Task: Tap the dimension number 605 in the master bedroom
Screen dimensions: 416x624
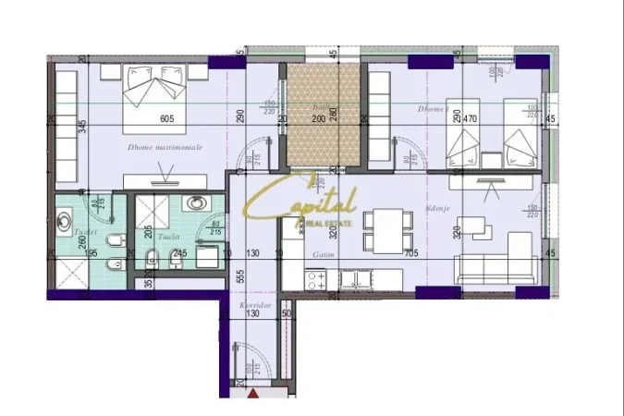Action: click(166, 118)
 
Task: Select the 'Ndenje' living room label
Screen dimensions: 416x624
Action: click(436, 209)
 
